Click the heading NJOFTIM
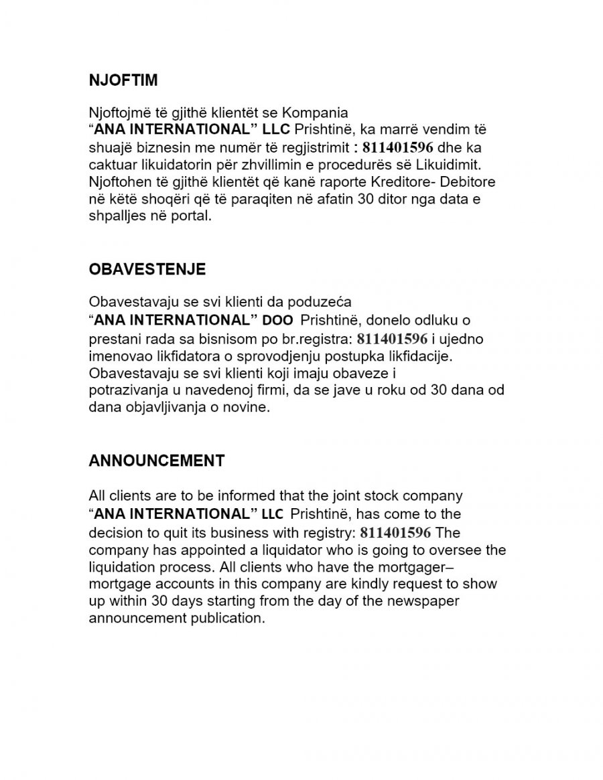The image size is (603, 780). (x=123, y=80)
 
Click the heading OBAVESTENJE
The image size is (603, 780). (x=147, y=269)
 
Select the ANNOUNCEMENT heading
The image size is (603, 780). (x=157, y=461)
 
